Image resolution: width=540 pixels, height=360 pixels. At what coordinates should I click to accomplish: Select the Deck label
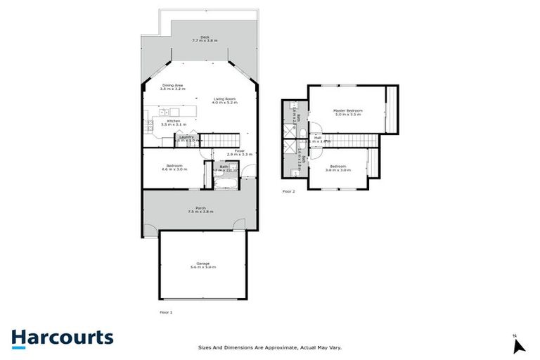pos(205,37)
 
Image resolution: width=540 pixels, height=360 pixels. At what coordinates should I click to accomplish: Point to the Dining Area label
pos(172,85)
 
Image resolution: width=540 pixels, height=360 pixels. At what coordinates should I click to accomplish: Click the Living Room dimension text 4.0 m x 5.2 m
pos(226,103)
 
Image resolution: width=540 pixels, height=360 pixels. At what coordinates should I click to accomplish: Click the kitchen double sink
pos(162,112)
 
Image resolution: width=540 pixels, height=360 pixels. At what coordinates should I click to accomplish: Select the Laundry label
pos(186,136)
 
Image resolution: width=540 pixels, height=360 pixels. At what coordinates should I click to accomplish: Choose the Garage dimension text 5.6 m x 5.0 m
pos(202,267)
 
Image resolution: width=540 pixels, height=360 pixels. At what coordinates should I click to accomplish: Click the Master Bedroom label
pos(347,110)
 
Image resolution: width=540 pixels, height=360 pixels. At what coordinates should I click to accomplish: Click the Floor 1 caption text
pos(166,311)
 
